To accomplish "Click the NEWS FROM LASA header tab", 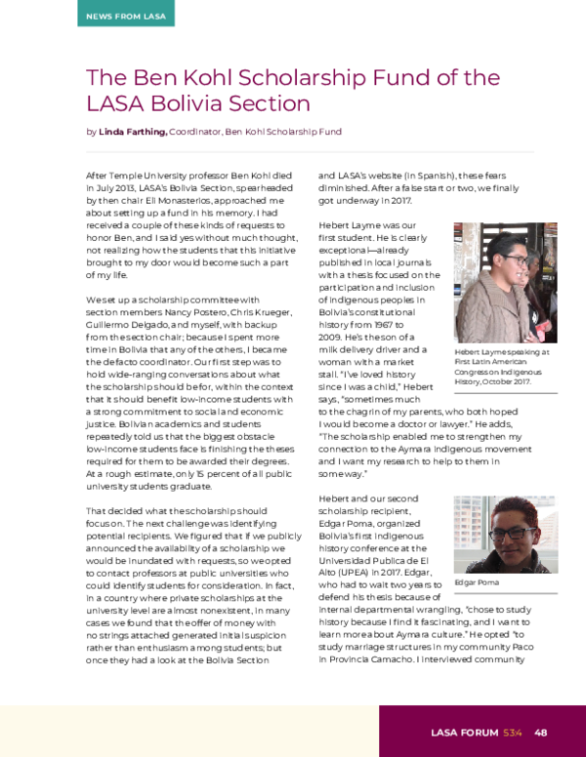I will coord(125,15).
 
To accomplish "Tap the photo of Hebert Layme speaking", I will coord(505,282).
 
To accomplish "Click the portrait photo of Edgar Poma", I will coord(505,535).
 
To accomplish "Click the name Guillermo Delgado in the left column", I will coord(122,325).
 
